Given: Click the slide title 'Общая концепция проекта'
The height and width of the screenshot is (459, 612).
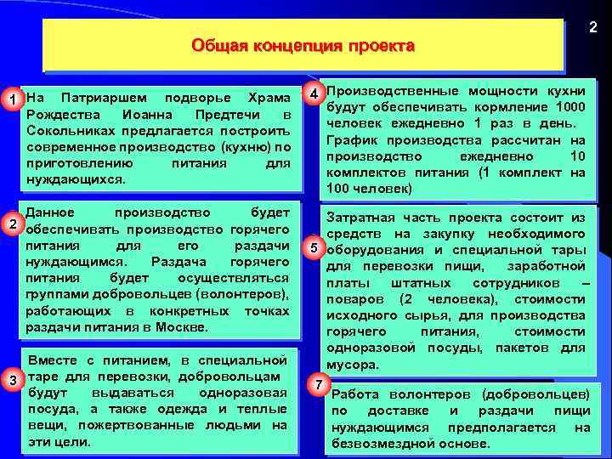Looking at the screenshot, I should [x=303, y=45].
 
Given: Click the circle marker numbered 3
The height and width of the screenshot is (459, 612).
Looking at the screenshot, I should [x=12, y=378].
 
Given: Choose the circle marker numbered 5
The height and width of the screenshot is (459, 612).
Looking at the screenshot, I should [x=314, y=248].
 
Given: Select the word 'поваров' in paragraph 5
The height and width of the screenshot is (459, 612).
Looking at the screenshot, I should [x=353, y=298].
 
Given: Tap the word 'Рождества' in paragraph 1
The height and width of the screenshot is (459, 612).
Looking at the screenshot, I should [x=60, y=115].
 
